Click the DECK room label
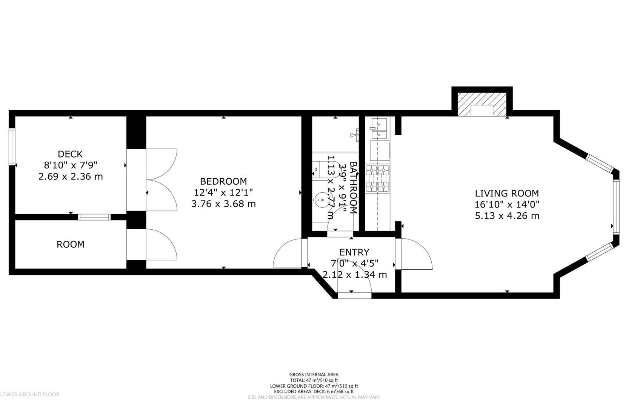pos(70,154)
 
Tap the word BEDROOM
pos(223,181)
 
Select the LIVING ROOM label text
pos(507,193)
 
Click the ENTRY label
pos(354,252)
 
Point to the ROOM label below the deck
pos(70,244)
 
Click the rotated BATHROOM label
pos(353,188)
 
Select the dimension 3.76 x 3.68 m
pos(223,204)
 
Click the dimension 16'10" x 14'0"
pos(507,205)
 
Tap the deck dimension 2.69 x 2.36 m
pos(71,176)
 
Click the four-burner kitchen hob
pos(378,178)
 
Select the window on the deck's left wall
pos(12,147)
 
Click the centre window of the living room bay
pos(616,207)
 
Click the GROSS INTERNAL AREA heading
pos(314,375)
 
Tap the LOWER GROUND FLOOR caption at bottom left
pos(30,394)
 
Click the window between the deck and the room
pos(94,217)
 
